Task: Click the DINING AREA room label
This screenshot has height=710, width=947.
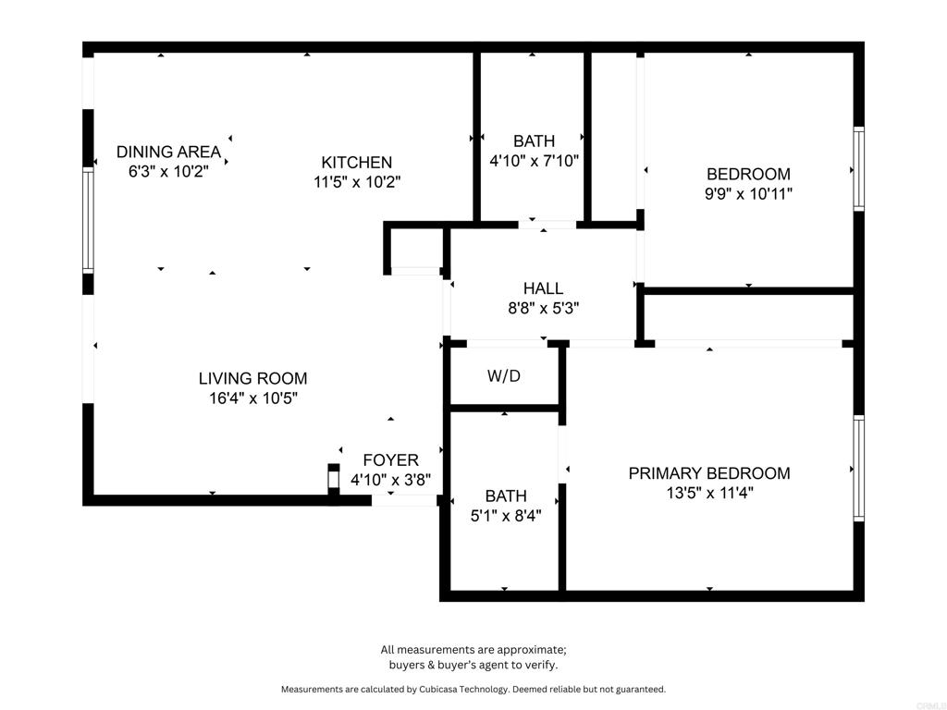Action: pos(168,152)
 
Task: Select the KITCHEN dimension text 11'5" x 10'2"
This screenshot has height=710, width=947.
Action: pos(356,182)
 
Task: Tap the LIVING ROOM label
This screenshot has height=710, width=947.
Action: pos(252,378)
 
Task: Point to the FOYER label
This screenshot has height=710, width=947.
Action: pos(390,459)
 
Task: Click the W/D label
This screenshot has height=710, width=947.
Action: pos(504,376)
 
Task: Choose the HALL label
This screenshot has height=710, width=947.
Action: pos(543,288)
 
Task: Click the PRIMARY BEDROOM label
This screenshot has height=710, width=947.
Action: pos(709,473)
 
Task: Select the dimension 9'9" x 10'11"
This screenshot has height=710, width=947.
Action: pos(748,194)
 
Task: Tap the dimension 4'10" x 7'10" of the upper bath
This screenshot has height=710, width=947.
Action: pos(534,161)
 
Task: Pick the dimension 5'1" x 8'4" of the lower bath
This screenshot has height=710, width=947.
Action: pos(506,515)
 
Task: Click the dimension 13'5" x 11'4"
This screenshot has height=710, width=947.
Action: pos(709,494)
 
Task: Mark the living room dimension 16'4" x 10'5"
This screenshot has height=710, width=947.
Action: pos(252,398)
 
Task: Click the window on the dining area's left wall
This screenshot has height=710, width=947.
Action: pos(89,220)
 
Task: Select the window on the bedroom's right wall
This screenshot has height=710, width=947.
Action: pos(858,168)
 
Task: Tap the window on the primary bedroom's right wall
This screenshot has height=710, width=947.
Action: pos(858,469)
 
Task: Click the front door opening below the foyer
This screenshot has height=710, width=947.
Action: pos(403,500)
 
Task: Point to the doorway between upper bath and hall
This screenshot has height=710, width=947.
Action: pos(547,224)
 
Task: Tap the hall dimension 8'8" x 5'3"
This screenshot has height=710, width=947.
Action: pos(543,309)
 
